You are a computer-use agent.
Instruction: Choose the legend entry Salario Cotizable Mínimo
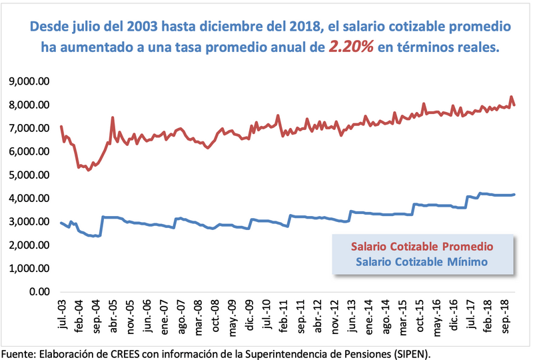pyautogui.click(x=422, y=262)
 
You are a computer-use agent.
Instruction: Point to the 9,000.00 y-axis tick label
pyautogui.click(x=29, y=81)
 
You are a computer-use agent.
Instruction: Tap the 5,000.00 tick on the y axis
pyautogui.click(x=29, y=175)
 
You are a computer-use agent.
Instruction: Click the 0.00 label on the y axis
pyautogui.click(x=40, y=292)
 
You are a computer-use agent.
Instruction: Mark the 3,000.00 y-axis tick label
pyautogui.click(x=29, y=222)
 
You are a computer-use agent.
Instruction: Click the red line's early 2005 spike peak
pyautogui.click(x=113, y=118)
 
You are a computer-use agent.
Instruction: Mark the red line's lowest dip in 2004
pyautogui.click(x=88, y=170)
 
